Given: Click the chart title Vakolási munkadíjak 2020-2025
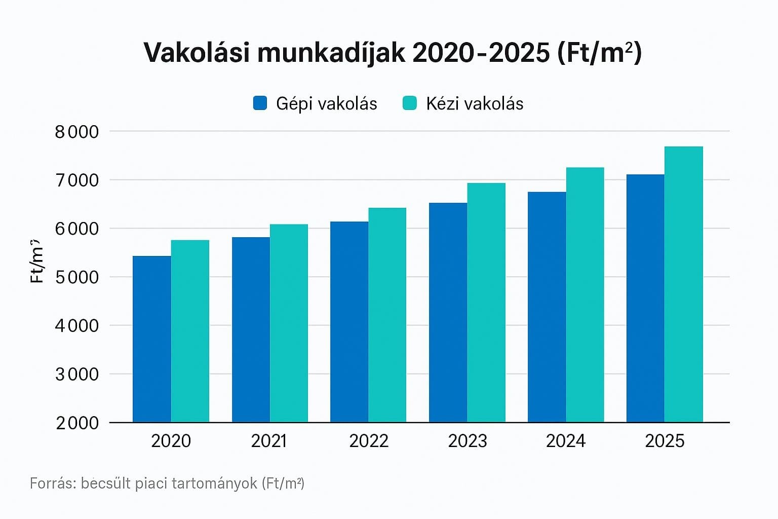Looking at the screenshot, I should tap(393, 53).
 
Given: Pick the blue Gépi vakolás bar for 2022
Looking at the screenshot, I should tap(349, 321).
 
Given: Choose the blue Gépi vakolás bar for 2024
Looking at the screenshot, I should tap(547, 307).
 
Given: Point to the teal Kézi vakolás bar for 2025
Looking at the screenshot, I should tap(684, 284).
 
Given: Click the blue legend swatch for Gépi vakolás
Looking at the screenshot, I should tap(260, 103).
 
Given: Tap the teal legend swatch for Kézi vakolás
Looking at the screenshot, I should tap(409, 103).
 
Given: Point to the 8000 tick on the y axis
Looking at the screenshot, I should tap(77, 132).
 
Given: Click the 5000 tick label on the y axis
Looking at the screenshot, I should tap(77, 277).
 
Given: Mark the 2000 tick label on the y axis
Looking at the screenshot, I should tap(77, 423).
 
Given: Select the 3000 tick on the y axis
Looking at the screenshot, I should tap(77, 375).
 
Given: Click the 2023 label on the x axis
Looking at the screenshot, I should tap(467, 441).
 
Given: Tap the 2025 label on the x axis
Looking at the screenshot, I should tap(665, 441).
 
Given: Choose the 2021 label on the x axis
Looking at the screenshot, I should tap(269, 441).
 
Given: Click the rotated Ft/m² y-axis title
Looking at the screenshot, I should tap(37, 261).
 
